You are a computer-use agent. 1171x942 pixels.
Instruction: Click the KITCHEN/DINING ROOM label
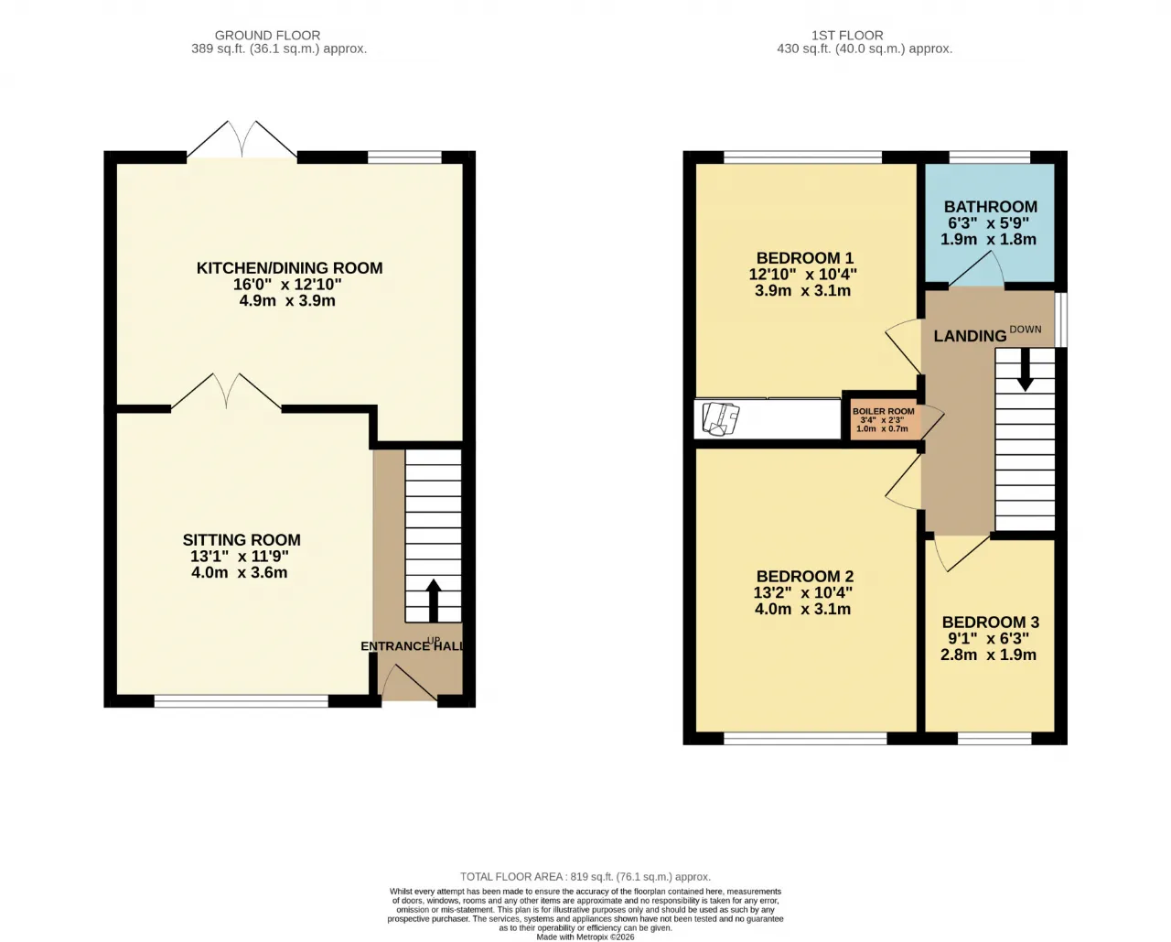[x=289, y=268]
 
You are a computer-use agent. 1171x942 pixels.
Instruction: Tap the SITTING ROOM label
[x=242, y=539]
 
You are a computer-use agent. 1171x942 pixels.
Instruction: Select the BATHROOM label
[x=991, y=207]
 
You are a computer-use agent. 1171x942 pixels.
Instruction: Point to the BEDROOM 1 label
[x=805, y=257]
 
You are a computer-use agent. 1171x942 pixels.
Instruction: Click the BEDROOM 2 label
[x=805, y=576]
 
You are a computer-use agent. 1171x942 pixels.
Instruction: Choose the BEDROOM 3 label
[x=991, y=622]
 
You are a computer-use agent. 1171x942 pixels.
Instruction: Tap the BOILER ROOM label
[x=883, y=412]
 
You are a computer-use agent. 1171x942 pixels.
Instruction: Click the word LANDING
[x=970, y=336]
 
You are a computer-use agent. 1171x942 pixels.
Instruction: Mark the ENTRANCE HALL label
[x=412, y=645]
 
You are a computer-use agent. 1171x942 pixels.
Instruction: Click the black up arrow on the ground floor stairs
[x=433, y=601]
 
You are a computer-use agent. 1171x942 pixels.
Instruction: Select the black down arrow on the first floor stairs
[x=1026, y=370]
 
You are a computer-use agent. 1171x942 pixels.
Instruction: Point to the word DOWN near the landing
[x=1026, y=329]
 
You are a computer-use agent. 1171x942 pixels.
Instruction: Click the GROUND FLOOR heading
[x=267, y=36]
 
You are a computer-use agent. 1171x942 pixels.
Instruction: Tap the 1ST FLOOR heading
[x=847, y=36]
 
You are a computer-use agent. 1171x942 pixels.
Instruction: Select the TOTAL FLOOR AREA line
[x=585, y=877]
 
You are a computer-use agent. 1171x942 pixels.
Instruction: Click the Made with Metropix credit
[x=585, y=937]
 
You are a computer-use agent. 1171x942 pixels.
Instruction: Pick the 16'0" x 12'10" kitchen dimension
[x=287, y=284]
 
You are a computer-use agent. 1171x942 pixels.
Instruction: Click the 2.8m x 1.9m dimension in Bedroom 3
[x=988, y=655]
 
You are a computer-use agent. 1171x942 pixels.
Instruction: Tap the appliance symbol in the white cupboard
[x=721, y=419]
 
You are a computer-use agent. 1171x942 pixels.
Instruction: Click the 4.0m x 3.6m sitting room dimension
[x=240, y=572]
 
